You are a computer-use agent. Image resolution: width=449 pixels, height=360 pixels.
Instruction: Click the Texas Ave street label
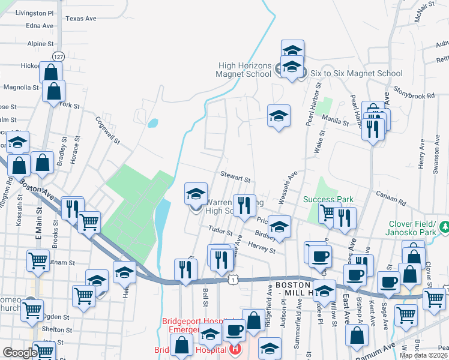point(81,19)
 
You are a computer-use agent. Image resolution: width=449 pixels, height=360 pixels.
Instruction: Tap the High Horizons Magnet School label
point(244,70)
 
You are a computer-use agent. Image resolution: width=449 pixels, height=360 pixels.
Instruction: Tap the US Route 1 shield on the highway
point(231,280)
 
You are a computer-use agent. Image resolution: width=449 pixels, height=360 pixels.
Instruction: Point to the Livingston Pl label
point(34,13)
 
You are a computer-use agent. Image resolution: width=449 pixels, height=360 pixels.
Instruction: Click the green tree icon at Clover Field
point(445,227)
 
